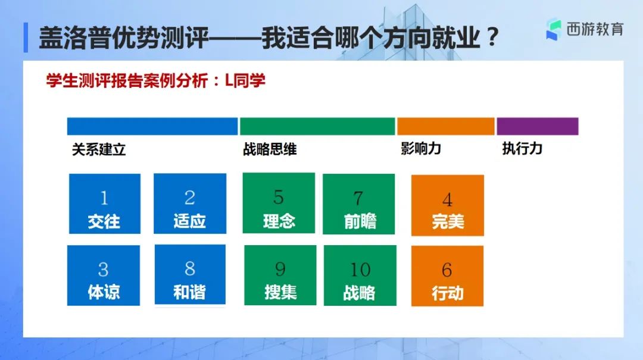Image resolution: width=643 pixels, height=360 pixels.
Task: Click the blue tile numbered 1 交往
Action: [105, 204]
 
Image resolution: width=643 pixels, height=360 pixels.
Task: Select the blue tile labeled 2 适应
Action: [190, 204]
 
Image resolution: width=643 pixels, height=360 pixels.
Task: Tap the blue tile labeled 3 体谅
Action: [104, 276]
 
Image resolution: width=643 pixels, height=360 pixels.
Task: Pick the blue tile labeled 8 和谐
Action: [190, 275]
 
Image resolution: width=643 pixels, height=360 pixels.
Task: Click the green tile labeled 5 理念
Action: [279, 203]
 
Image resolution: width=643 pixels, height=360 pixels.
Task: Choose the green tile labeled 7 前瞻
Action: [359, 204]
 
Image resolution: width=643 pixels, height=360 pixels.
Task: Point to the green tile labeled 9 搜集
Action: [280, 275]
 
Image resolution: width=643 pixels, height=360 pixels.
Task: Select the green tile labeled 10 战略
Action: [360, 276]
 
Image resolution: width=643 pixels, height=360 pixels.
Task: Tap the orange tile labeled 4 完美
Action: [447, 205]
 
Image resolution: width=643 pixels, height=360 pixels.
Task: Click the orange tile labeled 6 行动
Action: [447, 276]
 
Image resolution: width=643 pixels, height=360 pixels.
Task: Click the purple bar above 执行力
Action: [538, 126]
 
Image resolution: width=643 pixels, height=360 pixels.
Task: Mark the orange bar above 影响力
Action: [446, 126]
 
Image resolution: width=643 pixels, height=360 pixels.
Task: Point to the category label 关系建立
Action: [99, 149]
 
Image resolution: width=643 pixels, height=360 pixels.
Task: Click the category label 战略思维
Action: [270, 149]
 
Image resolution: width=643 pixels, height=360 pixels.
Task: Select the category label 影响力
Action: [421, 148]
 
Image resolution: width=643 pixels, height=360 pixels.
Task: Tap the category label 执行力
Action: [523, 148]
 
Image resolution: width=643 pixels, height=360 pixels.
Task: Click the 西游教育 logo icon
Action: [553, 30]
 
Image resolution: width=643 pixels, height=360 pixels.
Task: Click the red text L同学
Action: [245, 80]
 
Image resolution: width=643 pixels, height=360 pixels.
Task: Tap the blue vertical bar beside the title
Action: [26, 37]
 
